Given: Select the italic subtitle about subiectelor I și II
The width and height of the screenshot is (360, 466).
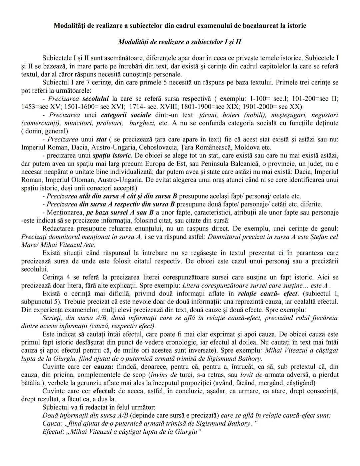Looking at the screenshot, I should click(180, 42).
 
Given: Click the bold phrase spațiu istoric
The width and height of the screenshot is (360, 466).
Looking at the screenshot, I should click(112, 155).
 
